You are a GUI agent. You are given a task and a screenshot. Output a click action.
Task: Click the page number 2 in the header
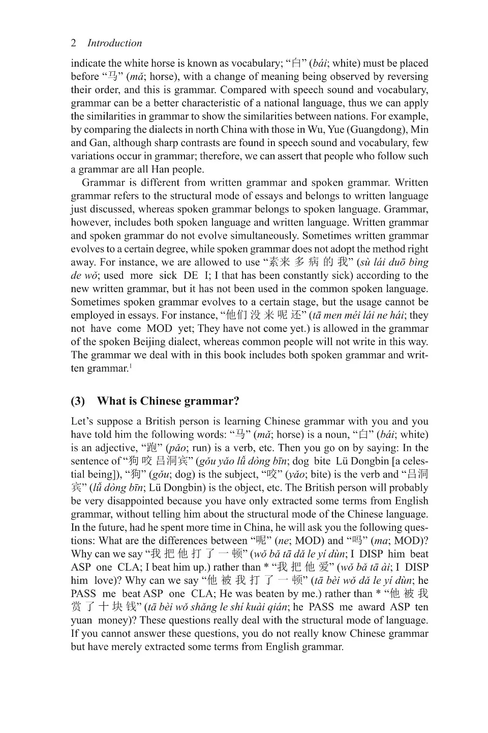pos(74,43)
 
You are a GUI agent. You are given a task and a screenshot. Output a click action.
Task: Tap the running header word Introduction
pos(114,43)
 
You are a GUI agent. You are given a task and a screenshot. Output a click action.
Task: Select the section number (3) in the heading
pos(78,401)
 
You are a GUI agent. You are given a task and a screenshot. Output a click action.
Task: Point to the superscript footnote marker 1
pos(131,365)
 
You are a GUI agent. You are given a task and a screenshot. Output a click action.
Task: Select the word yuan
pos(81,620)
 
